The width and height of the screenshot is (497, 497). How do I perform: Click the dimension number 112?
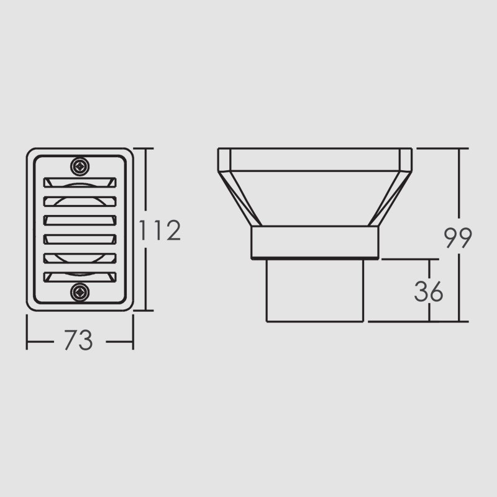coord(160,230)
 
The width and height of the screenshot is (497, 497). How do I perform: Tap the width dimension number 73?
coord(79,340)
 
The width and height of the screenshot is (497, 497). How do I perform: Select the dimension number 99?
coord(458,237)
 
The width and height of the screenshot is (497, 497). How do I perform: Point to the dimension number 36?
coord(428,291)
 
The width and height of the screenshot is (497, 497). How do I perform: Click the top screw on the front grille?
coord(80,166)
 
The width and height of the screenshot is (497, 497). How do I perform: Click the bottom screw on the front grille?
coord(80,292)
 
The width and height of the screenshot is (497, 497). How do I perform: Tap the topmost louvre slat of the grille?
coord(80,182)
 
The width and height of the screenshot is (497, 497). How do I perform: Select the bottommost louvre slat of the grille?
coord(80,277)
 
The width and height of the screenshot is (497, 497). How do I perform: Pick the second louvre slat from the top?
coord(80,201)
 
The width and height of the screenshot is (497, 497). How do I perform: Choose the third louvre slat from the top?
coord(80,221)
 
